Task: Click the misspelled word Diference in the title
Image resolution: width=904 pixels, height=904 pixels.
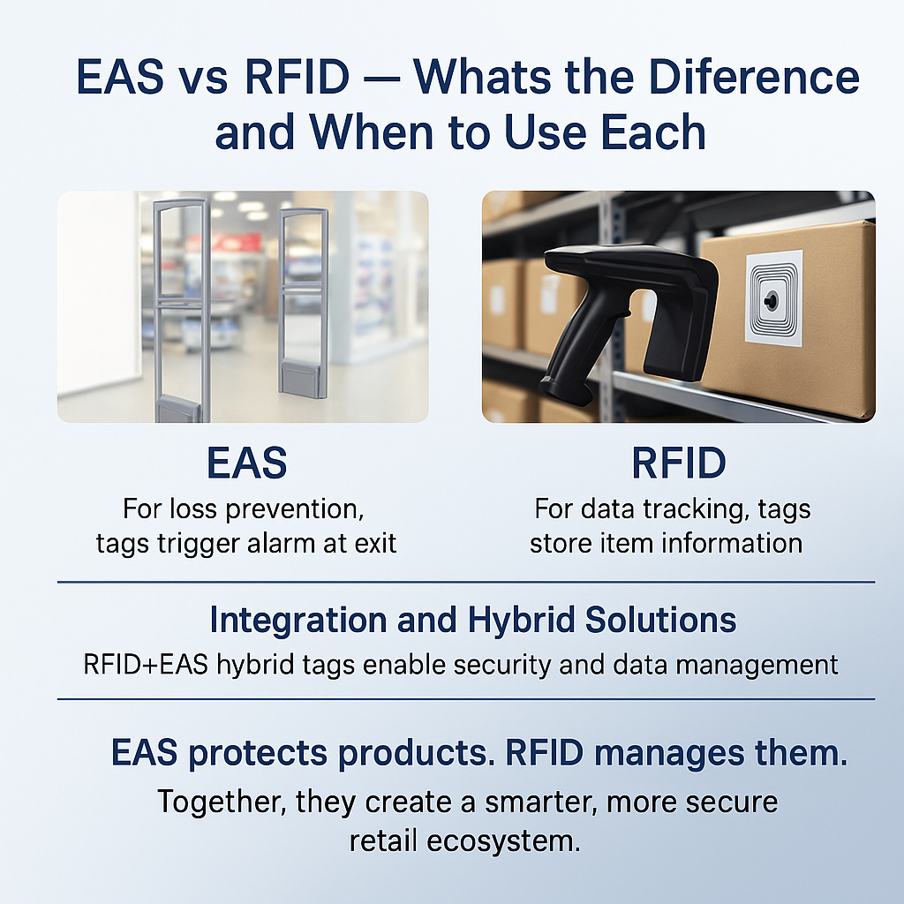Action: [x=754, y=77]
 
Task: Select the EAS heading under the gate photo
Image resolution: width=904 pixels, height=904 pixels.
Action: [x=247, y=463]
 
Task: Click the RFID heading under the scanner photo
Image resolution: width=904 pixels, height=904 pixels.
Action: [x=679, y=463]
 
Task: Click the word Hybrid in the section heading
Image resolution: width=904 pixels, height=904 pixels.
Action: [x=521, y=621]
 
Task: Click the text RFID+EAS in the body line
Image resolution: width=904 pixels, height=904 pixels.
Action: [x=146, y=665]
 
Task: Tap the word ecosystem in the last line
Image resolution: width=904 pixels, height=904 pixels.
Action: [x=502, y=841]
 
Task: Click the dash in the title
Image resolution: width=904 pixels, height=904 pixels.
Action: [x=381, y=79]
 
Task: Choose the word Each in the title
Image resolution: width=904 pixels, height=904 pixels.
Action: [x=653, y=132]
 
